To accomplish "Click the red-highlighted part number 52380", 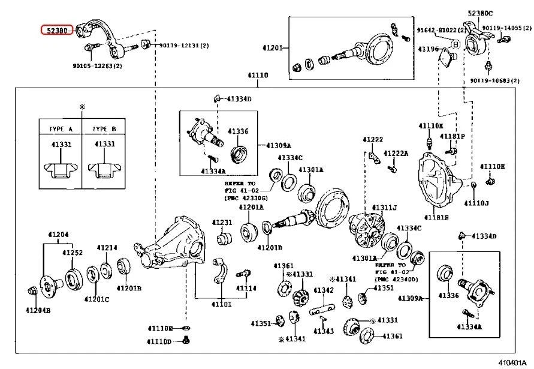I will click(56, 30).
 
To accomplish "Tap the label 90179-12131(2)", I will click(183, 46).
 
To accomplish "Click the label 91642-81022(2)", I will click(442, 29).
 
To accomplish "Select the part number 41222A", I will click(396, 154).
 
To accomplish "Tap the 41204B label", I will click(37, 310).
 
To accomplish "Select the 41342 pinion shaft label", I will click(324, 290).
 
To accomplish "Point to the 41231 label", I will click(221, 223).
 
